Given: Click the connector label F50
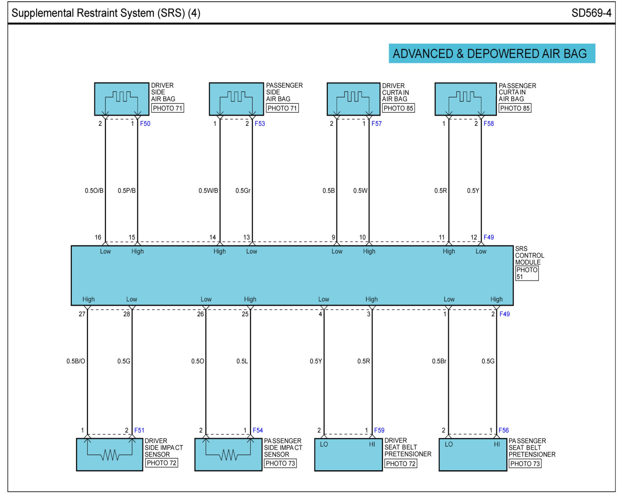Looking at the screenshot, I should click(145, 123).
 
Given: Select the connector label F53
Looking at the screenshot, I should click(259, 123).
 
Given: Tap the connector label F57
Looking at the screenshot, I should click(376, 123).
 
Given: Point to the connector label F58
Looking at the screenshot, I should click(488, 123).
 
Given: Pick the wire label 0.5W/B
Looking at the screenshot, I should click(208, 191).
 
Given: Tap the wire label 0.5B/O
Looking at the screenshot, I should click(76, 361).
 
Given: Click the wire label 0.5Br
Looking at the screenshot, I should click(439, 361).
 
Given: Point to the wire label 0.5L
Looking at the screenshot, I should click(242, 361).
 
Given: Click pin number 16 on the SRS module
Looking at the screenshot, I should click(98, 237).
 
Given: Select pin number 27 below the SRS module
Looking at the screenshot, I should click(82, 314).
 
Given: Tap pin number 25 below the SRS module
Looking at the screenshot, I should click(245, 314).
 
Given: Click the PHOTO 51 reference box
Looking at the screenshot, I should click(527, 273).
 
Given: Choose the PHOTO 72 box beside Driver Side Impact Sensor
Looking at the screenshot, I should click(161, 463).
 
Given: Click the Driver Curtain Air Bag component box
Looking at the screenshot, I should click(354, 99).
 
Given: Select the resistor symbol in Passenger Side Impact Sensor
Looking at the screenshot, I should click(228, 455).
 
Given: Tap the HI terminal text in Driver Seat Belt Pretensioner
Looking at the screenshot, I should click(372, 445).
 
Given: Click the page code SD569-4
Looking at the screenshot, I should click(591, 13).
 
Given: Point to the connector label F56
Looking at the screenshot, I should click(503, 430).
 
